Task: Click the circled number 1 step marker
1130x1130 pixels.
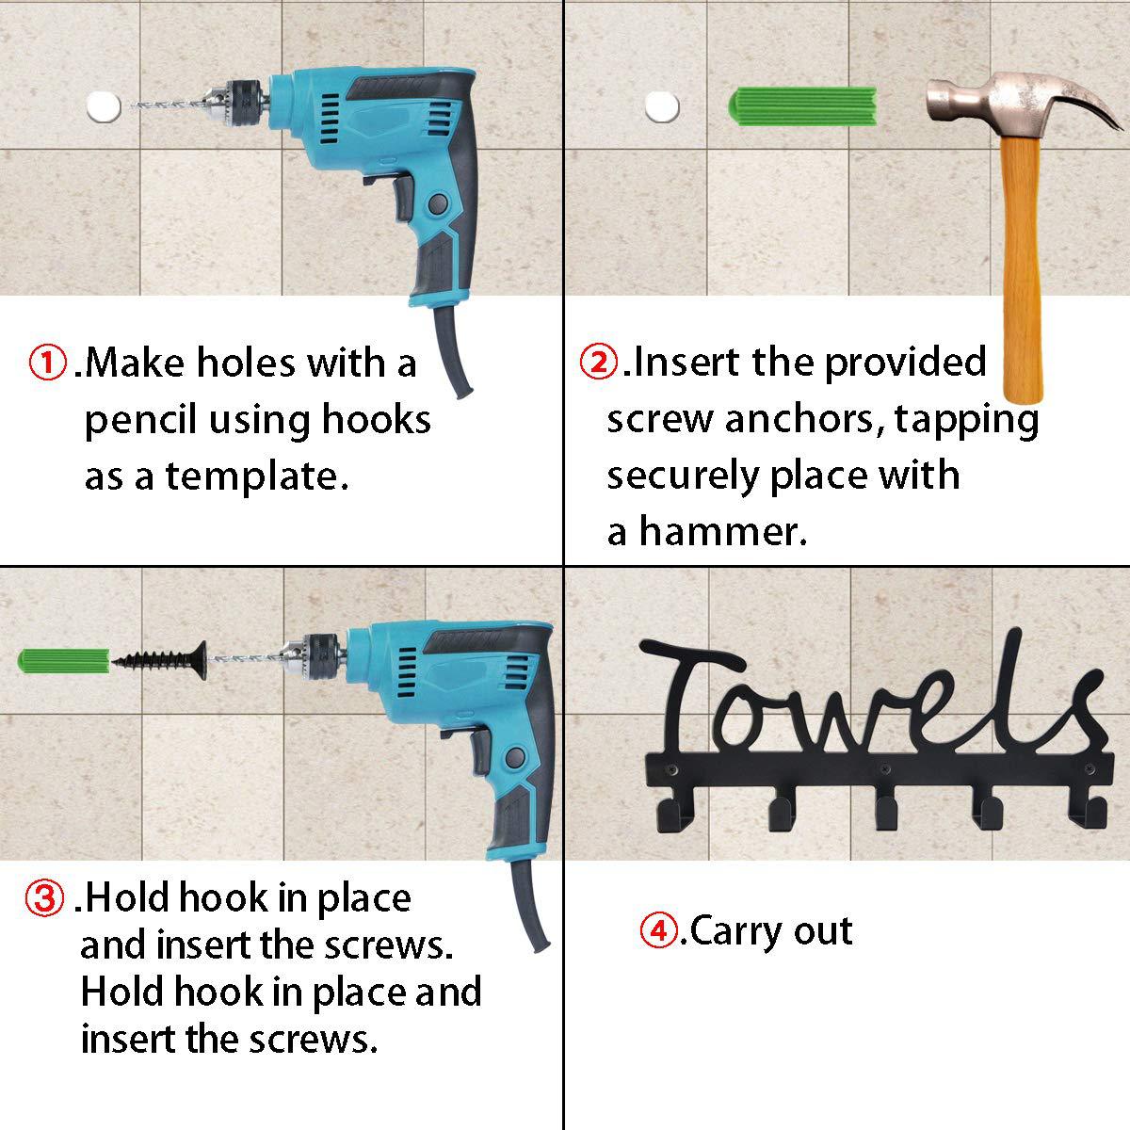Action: pyautogui.click(x=47, y=363)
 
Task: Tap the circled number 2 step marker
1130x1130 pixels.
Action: pyautogui.click(x=599, y=362)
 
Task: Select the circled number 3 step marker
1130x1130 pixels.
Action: pyautogui.click(x=44, y=898)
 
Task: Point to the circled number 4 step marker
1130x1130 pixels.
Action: pyautogui.click(x=659, y=930)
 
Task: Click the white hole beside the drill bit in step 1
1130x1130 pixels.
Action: pyautogui.click(x=104, y=107)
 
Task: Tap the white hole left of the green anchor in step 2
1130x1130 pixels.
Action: pyautogui.click(x=662, y=107)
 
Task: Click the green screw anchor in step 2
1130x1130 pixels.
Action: pyautogui.click(x=802, y=107)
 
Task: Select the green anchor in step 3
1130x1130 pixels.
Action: pyautogui.click(x=65, y=661)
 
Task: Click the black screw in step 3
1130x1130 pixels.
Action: pyautogui.click(x=160, y=660)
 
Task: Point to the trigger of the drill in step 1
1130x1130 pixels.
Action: pyautogui.click(x=403, y=198)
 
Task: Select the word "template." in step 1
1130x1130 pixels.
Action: pyautogui.click(x=257, y=476)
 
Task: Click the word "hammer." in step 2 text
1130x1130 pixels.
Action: pyautogui.click(x=723, y=532)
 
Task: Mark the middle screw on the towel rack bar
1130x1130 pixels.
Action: pyautogui.click(x=885, y=768)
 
